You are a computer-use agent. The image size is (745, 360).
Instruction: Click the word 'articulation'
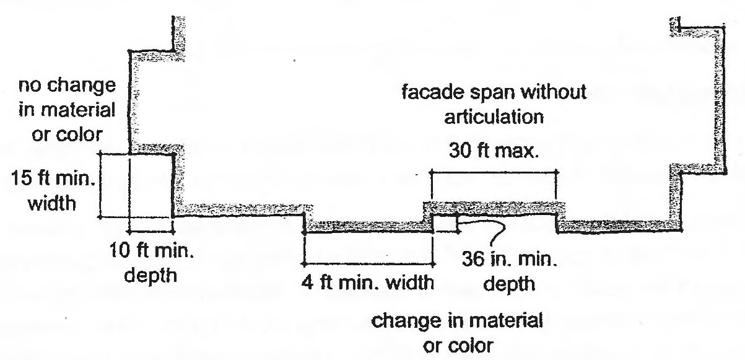[494, 116]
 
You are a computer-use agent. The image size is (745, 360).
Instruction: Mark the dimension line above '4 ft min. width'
[367, 260]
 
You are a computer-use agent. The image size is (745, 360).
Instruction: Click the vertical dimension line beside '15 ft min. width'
[100, 185]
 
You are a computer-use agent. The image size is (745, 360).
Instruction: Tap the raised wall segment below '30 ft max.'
[494, 206]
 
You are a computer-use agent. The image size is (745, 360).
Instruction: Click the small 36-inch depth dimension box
[445, 223]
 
